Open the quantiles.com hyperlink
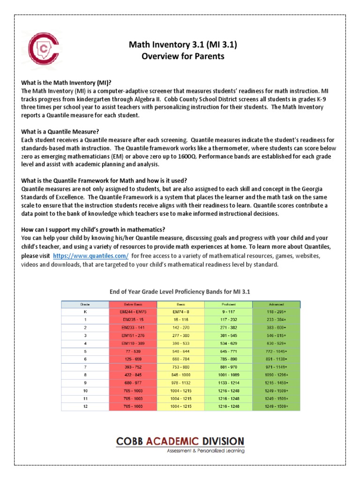pyautogui.click(x=90, y=256)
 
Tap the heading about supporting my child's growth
pyautogui.click(x=93, y=230)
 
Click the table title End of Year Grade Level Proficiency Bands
pyautogui.click(x=180, y=292)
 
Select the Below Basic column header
pyautogui.click(x=132, y=304)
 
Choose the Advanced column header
pyautogui.click(x=276, y=304)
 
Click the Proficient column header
pyautogui.click(x=228, y=304)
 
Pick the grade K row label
pyautogui.click(x=85, y=311)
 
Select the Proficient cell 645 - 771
pyautogui.click(x=228, y=351)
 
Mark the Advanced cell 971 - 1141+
pyautogui.click(x=276, y=367)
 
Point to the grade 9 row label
pyautogui.click(x=85, y=383)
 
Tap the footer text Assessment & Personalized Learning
pyautogui.click(x=205, y=451)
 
